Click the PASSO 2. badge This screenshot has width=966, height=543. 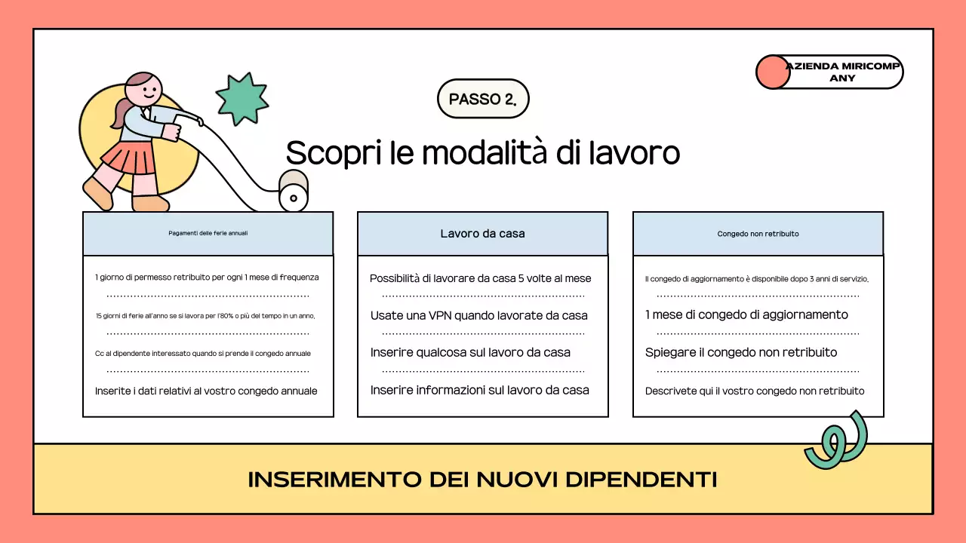[483, 99]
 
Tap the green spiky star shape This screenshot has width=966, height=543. [241, 99]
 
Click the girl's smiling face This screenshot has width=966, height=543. [144, 92]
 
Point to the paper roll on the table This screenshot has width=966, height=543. [294, 191]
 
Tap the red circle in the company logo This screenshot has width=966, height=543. [772, 72]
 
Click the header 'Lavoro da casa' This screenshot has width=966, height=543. [482, 234]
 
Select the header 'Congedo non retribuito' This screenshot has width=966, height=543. [758, 234]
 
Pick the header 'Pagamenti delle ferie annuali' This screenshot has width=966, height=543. [208, 234]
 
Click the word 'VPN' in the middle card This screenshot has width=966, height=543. [438, 315]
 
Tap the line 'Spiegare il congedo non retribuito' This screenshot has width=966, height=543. [740, 352]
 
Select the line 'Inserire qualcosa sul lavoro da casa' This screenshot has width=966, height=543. [470, 352]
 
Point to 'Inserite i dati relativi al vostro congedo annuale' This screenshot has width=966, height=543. [206, 391]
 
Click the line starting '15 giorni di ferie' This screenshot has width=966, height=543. [205, 315]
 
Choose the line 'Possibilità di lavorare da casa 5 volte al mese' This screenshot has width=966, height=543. [480, 278]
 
